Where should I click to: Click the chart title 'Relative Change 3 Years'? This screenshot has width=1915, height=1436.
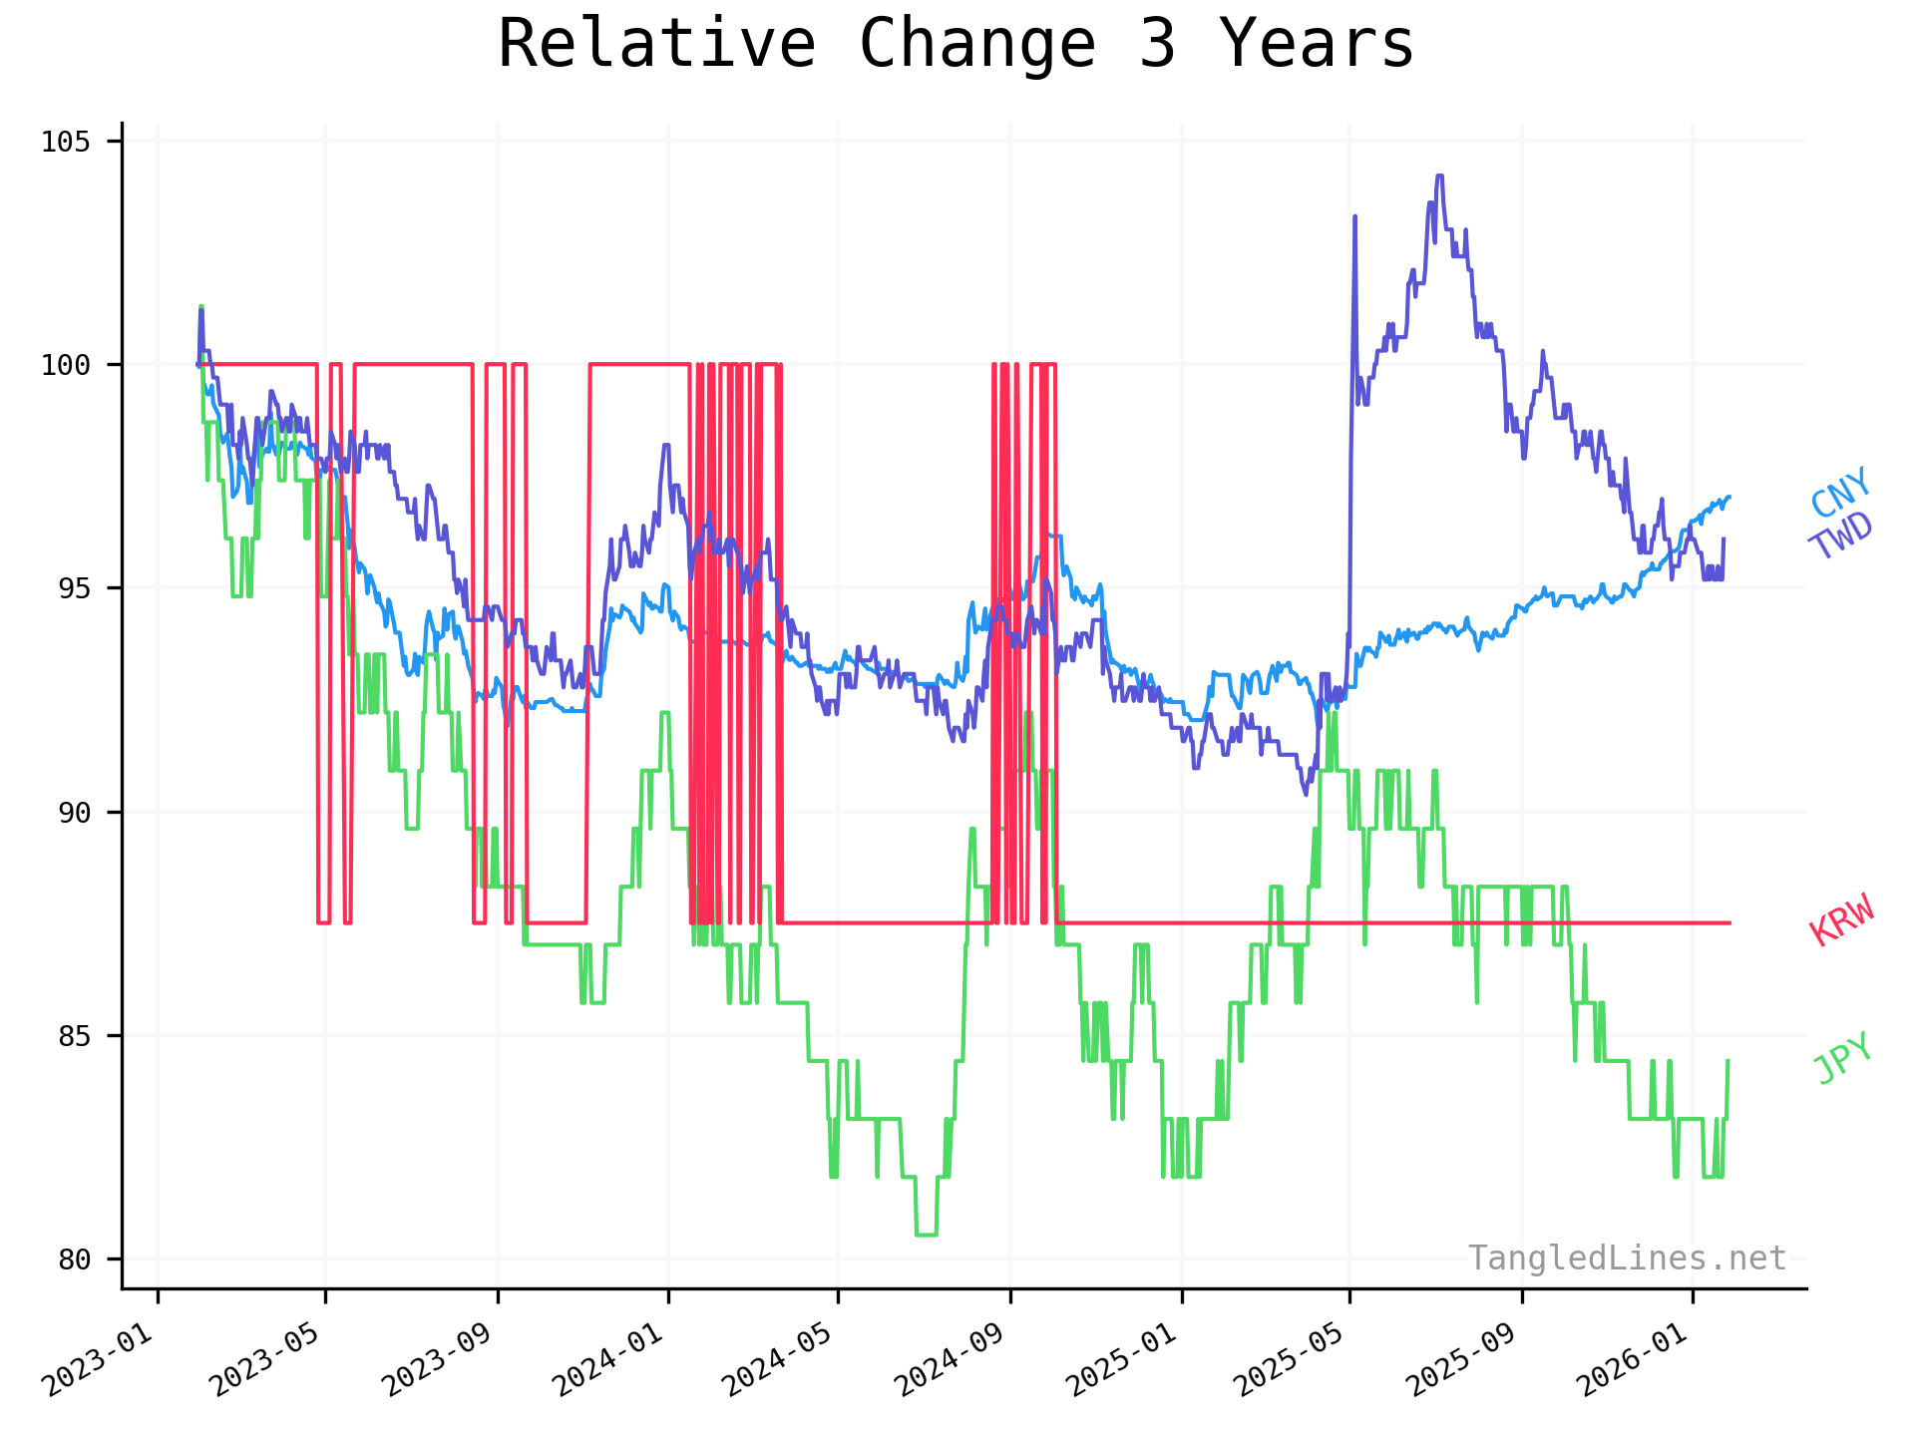tap(956, 44)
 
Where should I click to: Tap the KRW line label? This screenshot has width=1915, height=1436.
tap(1842, 919)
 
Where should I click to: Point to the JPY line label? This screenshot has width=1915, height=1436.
tap(1842, 1058)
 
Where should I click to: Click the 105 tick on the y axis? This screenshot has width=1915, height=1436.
tap(66, 142)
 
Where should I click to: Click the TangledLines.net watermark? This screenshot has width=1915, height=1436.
tap(1627, 1258)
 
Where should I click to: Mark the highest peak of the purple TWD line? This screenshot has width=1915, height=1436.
tap(1439, 177)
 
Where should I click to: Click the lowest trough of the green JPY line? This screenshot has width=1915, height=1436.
tap(926, 1235)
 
